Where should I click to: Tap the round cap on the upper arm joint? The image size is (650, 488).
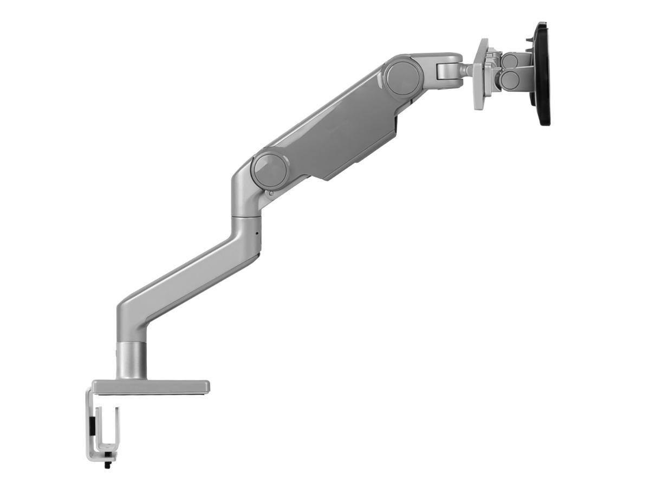tap(405, 76)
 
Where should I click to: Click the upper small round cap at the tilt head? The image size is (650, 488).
tap(509, 61)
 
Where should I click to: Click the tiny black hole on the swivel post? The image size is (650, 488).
tap(256, 235)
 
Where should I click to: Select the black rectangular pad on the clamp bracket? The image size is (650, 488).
tap(92, 426)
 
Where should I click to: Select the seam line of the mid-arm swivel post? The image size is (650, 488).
tap(246, 217)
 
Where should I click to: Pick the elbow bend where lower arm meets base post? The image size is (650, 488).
tap(130, 314)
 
